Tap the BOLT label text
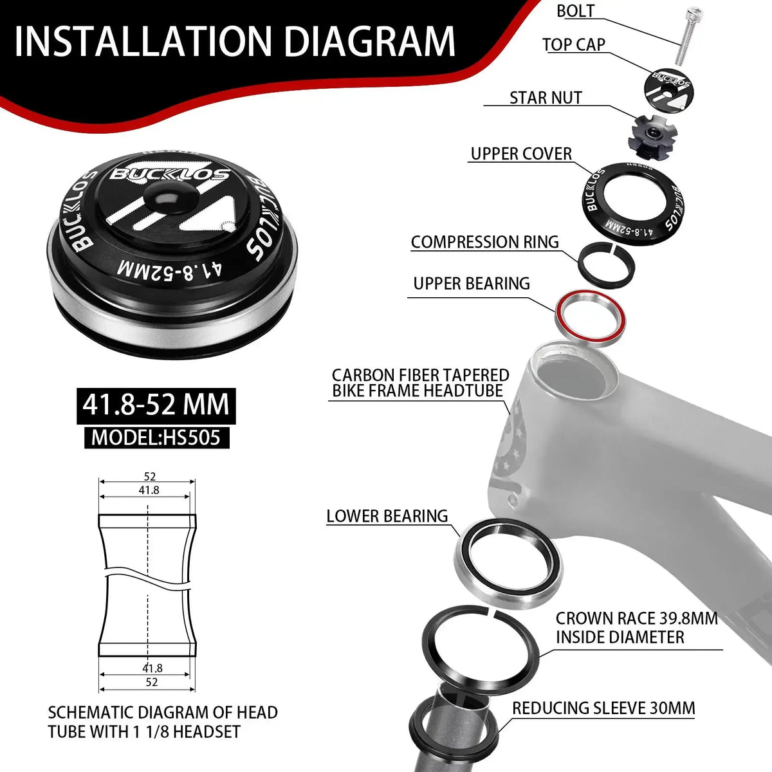tap(576, 11)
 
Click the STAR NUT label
tap(546, 98)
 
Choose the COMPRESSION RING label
tap(485, 242)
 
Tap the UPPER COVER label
tap(521, 154)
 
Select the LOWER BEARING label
tap(387, 516)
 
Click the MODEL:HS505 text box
tap(156, 437)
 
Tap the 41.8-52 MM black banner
tap(156, 405)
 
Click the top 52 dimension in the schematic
tap(149, 477)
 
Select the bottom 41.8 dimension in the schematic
tap(152, 668)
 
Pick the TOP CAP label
tap(574, 44)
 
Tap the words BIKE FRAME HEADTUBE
tap(418, 391)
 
